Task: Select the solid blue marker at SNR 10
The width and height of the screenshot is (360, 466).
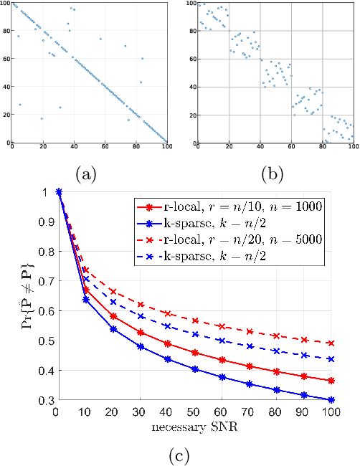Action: point(86,300)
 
